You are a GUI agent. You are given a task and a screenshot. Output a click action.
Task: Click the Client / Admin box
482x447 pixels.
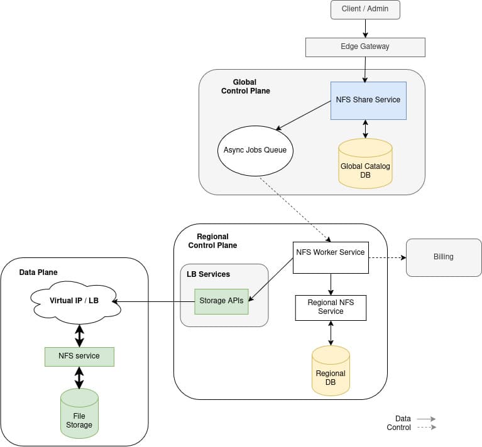[x=365, y=10]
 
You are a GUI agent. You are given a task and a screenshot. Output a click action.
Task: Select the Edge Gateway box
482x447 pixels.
[x=365, y=47]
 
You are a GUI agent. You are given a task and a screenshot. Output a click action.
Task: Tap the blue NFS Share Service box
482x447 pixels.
[x=368, y=100]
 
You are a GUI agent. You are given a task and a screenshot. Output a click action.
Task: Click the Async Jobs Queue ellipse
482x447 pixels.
[x=255, y=151]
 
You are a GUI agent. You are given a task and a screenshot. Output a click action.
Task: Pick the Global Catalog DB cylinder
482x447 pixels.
[x=365, y=164]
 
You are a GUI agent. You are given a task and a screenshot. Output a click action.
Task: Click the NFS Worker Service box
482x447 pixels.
[x=331, y=257]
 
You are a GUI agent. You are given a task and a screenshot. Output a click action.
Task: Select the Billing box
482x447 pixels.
[x=444, y=257]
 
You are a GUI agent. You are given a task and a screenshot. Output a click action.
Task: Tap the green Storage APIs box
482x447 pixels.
[x=221, y=301]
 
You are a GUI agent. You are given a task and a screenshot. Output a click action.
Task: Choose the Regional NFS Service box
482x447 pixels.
[x=331, y=308]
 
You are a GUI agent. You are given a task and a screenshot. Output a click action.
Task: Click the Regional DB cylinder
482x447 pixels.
[x=331, y=371]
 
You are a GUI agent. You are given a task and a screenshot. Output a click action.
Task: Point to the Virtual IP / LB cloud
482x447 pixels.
[x=75, y=302]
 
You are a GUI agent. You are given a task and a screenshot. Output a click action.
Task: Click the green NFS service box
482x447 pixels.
[x=79, y=357]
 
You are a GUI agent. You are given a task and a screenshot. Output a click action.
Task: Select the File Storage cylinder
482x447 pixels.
[x=79, y=414]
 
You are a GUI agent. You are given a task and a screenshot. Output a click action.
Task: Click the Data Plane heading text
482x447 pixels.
[x=38, y=272]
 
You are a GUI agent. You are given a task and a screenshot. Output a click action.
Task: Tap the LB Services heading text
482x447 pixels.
[x=208, y=274]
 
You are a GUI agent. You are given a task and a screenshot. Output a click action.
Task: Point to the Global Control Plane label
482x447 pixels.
[x=245, y=87]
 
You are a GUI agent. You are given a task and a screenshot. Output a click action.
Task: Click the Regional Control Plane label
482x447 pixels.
[x=212, y=241]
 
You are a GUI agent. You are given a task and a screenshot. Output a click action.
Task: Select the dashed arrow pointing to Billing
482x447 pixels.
[x=387, y=257]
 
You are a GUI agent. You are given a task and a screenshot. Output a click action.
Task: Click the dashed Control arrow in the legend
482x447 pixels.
[x=427, y=427]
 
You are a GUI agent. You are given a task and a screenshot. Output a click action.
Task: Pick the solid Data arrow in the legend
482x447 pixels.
[x=427, y=419]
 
